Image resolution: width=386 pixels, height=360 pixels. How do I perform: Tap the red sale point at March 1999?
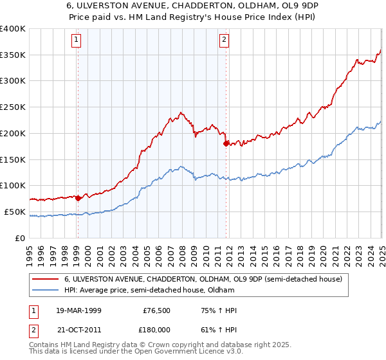(78, 198)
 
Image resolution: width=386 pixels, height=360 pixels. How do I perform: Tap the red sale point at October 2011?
(226, 144)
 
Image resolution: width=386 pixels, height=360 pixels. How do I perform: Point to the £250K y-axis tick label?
(13, 107)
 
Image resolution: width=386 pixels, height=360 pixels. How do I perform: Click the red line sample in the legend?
(46, 280)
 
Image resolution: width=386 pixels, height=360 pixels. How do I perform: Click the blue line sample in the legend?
(46, 291)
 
